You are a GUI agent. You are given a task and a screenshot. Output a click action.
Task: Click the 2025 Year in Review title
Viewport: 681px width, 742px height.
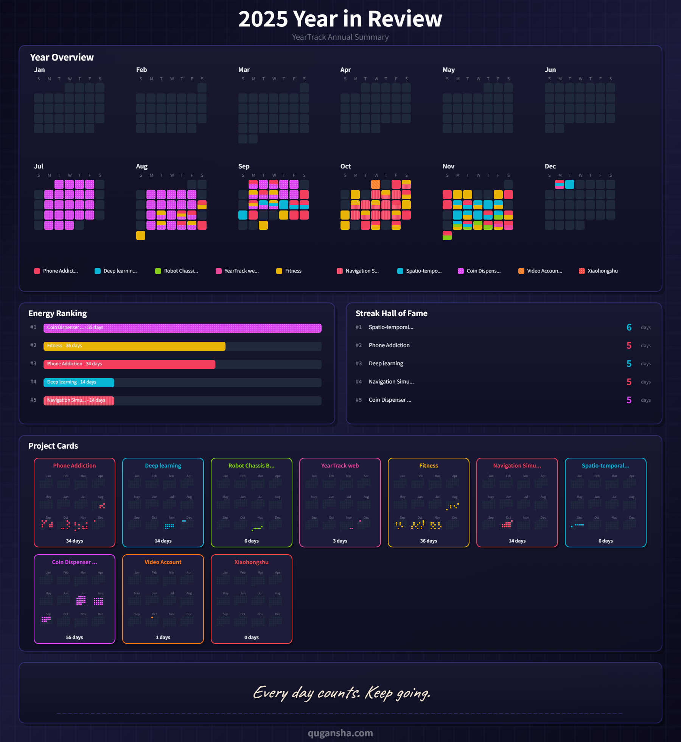click(340, 19)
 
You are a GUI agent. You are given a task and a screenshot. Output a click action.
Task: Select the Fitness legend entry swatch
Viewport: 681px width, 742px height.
click(279, 271)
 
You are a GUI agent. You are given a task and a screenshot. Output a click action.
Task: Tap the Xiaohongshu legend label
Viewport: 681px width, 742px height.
click(602, 271)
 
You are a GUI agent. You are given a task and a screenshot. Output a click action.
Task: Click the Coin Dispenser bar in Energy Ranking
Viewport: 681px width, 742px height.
click(182, 328)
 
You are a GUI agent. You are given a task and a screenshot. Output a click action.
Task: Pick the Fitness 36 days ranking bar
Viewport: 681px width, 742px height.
click(134, 346)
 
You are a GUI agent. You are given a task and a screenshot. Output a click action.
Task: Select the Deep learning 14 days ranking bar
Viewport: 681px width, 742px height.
click(79, 382)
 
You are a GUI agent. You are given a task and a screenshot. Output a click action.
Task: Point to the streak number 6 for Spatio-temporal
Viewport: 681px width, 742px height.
click(629, 327)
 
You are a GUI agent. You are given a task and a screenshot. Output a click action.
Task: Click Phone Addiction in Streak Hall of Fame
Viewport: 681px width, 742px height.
click(389, 345)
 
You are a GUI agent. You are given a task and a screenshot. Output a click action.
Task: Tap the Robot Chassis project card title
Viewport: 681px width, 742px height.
click(251, 466)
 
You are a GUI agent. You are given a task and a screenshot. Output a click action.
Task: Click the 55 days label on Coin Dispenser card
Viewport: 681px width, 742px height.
click(75, 638)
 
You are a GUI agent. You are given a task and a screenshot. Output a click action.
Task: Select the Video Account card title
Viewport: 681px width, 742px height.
click(163, 562)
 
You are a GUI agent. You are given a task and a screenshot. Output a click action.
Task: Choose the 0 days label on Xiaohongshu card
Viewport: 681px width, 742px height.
click(251, 638)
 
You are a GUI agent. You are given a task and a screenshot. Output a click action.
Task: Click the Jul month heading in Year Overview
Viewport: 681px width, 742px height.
click(39, 166)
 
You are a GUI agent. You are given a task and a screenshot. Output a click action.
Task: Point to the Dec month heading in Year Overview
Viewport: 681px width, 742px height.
click(550, 166)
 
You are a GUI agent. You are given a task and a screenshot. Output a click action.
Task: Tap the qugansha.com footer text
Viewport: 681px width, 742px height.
click(340, 733)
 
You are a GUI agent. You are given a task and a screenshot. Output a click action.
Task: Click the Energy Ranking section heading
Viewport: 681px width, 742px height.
click(58, 313)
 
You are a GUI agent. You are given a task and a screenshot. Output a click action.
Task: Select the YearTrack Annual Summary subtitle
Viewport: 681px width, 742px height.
click(340, 37)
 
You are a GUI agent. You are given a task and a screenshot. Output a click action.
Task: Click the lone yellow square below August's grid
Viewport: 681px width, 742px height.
click(141, 235)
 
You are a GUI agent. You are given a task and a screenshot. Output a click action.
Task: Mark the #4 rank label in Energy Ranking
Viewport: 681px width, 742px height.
click(33, 382)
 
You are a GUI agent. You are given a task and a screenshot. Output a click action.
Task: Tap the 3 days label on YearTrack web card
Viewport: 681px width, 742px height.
click(340, 541)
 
